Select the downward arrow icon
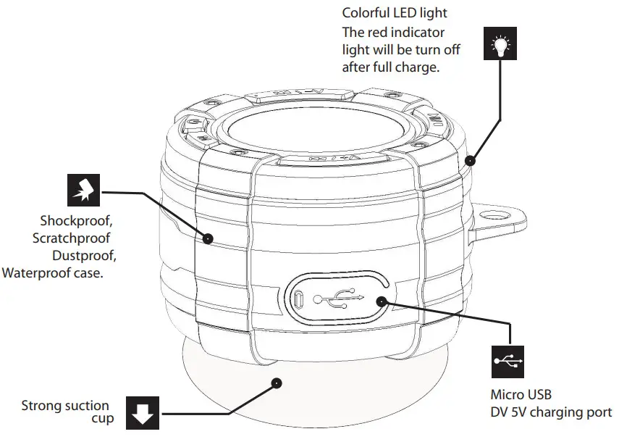tap(142, 412)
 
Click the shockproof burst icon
tap(83, 191)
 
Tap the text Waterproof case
tap(53, 273)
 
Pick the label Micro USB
tap(521, 395)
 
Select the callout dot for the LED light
tap(471, 159)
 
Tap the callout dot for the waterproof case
tap(208, 238)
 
